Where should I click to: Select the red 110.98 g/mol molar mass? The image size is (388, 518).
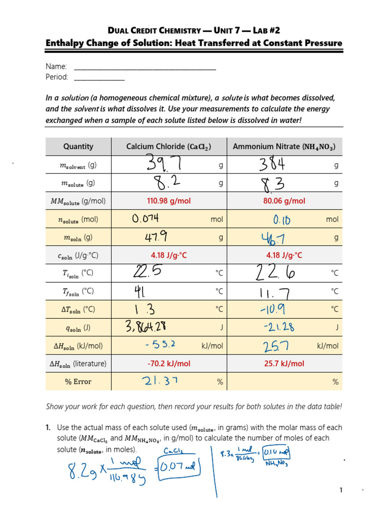[x=169, y=201]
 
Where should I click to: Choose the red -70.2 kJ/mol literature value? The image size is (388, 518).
[x=169, y=364]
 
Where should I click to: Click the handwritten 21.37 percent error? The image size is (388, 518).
[x=156, y=382]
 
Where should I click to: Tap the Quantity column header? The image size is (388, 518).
[x=78, y=147]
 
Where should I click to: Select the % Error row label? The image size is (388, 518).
[x=78, y=382]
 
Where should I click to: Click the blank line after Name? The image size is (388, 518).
[x=145, y=67]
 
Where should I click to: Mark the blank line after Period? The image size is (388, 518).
[x=99, y=77]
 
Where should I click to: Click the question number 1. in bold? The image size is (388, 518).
[x=49, y=427]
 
